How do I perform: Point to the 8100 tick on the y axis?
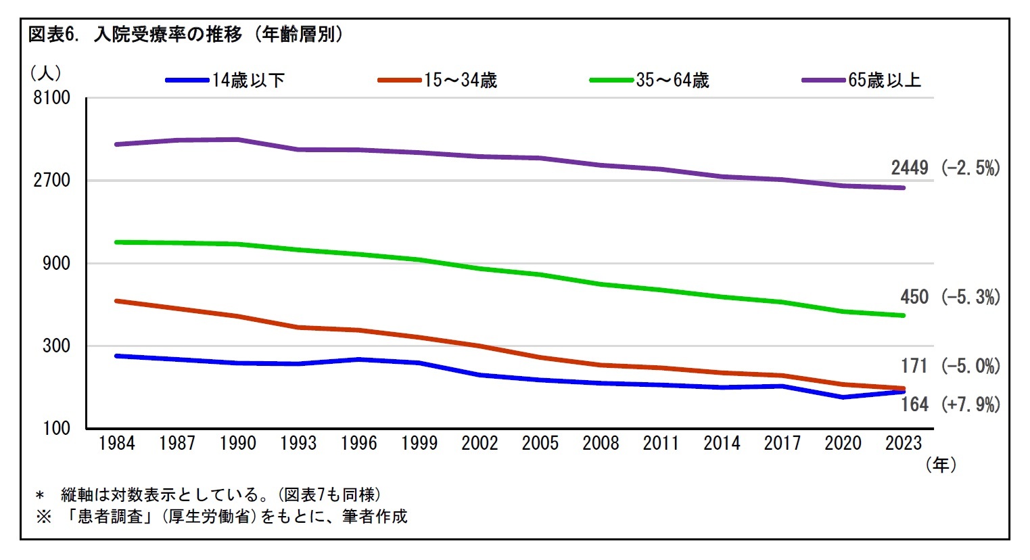coord(52,97)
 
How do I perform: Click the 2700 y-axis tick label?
coord(52,180)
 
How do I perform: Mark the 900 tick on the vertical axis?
coord(57,263)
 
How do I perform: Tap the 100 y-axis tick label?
coord(57,428)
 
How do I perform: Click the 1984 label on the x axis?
coord(117,444)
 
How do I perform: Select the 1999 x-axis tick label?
coord(419,444)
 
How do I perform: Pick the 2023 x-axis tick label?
coord(904,444)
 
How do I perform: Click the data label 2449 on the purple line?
coord(910,168)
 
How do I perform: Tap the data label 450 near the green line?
coord(914,297)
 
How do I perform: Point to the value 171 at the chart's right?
coord(914,366)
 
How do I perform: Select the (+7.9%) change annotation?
coord(970,404)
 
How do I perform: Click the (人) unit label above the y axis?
coord(46,72)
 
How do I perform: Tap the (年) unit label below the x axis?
coord(941,465)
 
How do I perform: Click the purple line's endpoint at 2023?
coord(904,188)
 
